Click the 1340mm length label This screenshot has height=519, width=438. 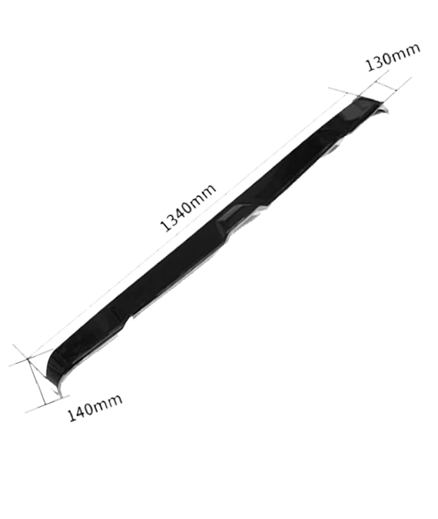188,207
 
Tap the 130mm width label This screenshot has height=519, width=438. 393,57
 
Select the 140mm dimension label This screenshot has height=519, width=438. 95,408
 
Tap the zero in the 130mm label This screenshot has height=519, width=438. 390,57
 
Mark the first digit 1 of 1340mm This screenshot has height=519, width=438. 165,226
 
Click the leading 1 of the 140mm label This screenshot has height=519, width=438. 72,416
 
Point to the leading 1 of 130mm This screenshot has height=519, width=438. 370,65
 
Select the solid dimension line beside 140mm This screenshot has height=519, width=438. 36,381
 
